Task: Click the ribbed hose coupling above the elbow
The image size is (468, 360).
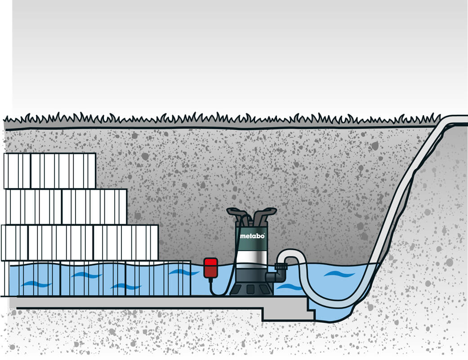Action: [281, 268]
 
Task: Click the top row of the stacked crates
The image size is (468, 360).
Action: [49, 171]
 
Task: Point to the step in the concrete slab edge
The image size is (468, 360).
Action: [310, 310]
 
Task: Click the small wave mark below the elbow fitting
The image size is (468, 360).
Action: [290, 287]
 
